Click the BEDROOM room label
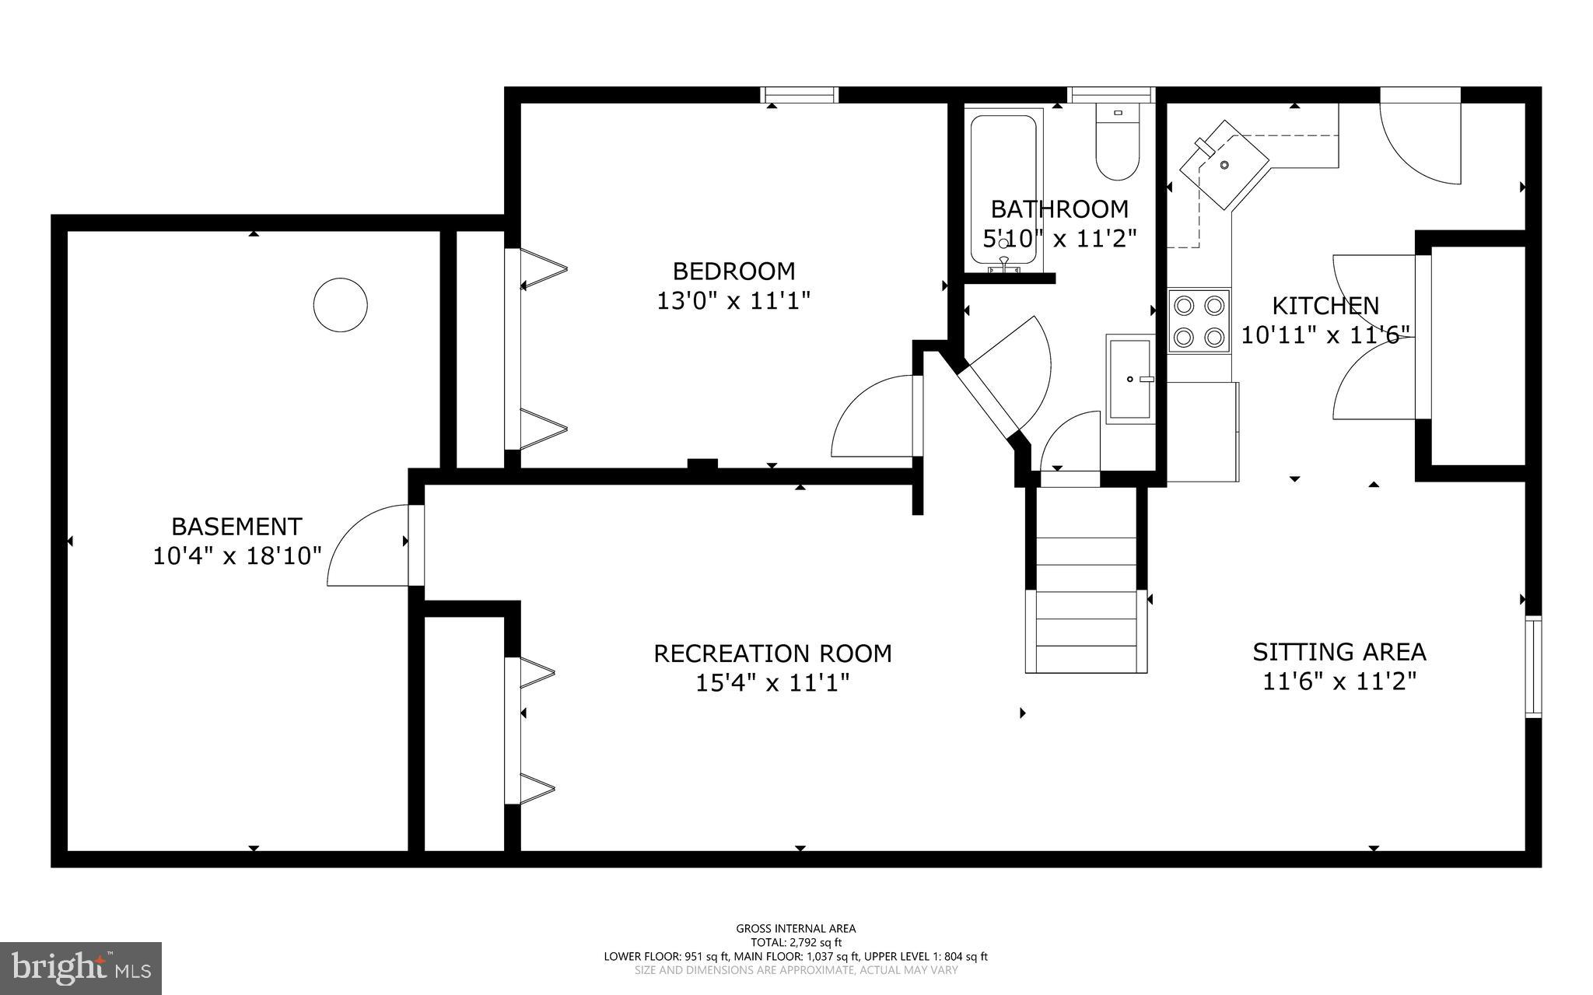(733, 272)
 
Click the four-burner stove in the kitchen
(1199, 321)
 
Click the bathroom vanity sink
(1130, 379)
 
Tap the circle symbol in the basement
(340, 305)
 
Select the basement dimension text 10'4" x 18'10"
(236, 556)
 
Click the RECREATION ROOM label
(772, 653)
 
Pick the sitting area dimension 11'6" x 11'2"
(1339, 681)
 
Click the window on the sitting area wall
(1532, 666)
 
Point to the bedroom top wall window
(800, 95)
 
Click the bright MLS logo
(81, 968)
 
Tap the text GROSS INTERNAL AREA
(796, 928)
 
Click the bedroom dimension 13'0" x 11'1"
(733, 301)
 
